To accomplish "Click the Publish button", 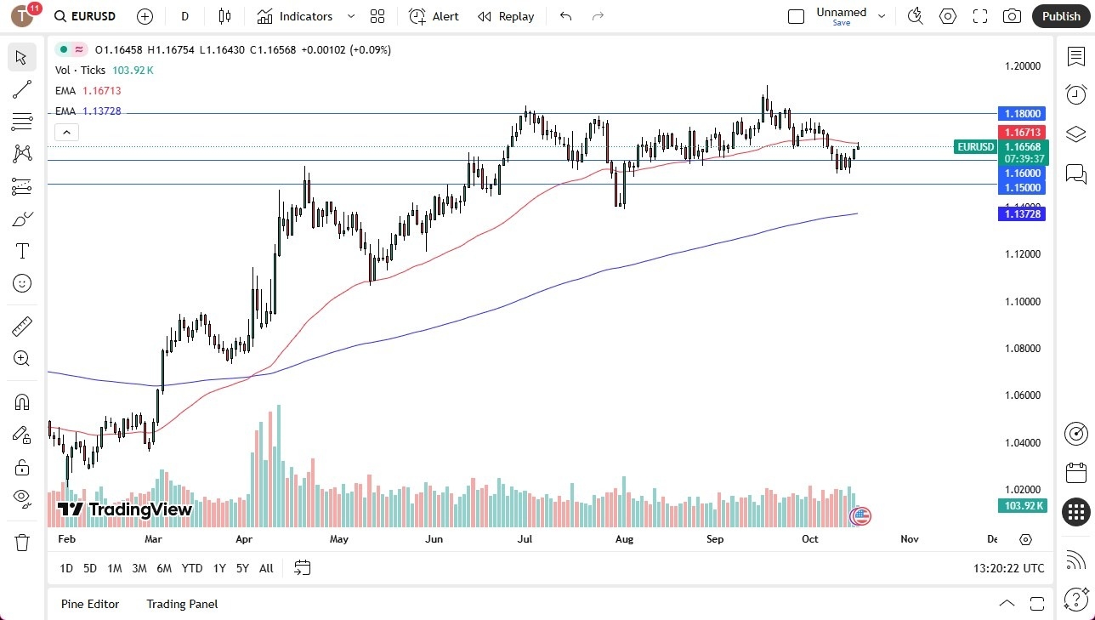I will [1060, 16].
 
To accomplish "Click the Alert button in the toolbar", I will [434, 16].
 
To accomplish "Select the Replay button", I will [506, 16].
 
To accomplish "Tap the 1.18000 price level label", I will [1021, 113].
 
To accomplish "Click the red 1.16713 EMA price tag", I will [1021, 133].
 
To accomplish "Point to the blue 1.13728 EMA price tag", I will [1021, 214].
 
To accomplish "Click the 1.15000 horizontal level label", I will [1021, 187].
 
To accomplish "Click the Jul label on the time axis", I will [525, 539].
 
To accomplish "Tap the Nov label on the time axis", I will [910, 539].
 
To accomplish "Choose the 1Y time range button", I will [219, 568].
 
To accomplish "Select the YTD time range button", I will [192, 568].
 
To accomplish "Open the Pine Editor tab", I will [90, 604].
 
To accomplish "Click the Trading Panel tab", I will [182, 604].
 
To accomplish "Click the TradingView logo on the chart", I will [125, 509].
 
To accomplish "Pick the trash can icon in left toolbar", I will [22, 543].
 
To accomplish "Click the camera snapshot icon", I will [1012, 16].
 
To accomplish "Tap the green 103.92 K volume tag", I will [1021, 506].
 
